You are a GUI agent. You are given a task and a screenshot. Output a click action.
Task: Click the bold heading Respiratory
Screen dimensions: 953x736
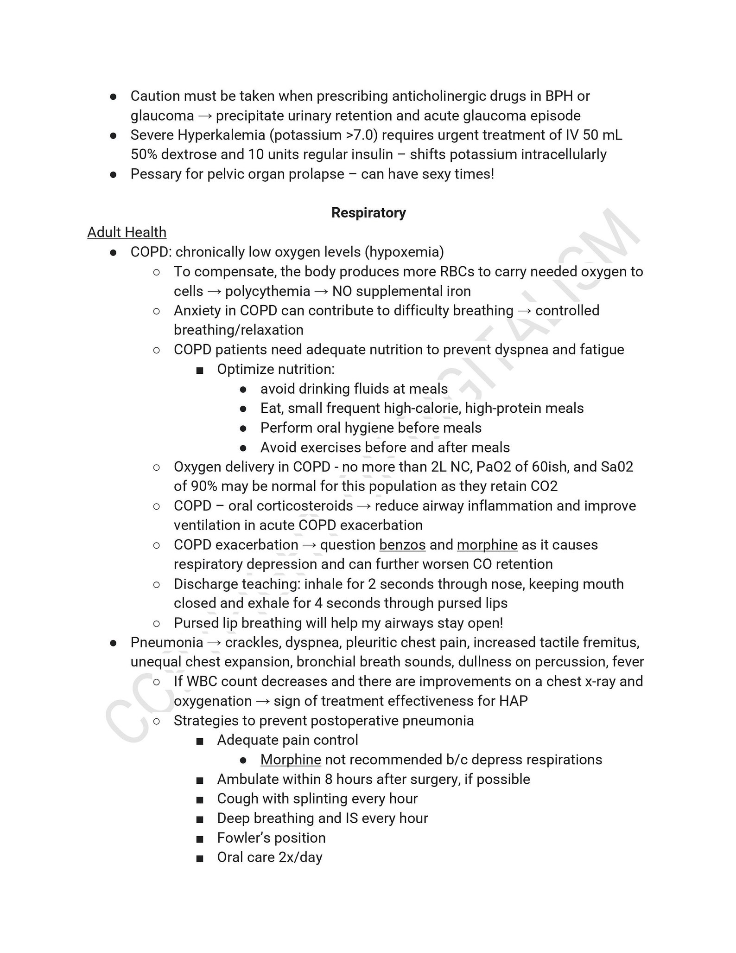tap(368, 212)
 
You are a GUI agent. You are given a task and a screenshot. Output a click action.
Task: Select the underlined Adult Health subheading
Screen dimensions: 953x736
tap(127, 232)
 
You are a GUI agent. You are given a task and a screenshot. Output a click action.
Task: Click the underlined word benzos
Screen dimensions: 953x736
tap(402, 544)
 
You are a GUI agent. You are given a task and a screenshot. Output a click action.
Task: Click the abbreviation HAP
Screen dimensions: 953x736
tap(514, 701)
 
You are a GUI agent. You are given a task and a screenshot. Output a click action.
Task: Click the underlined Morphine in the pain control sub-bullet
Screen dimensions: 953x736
tap(291, 760)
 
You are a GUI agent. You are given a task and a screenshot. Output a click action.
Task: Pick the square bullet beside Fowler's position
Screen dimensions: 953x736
tap(200, 838)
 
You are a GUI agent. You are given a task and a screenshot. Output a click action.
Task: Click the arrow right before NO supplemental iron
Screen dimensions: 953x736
tap(321, 291)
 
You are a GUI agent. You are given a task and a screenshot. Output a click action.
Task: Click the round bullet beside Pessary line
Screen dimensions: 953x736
tap(113, 174)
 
